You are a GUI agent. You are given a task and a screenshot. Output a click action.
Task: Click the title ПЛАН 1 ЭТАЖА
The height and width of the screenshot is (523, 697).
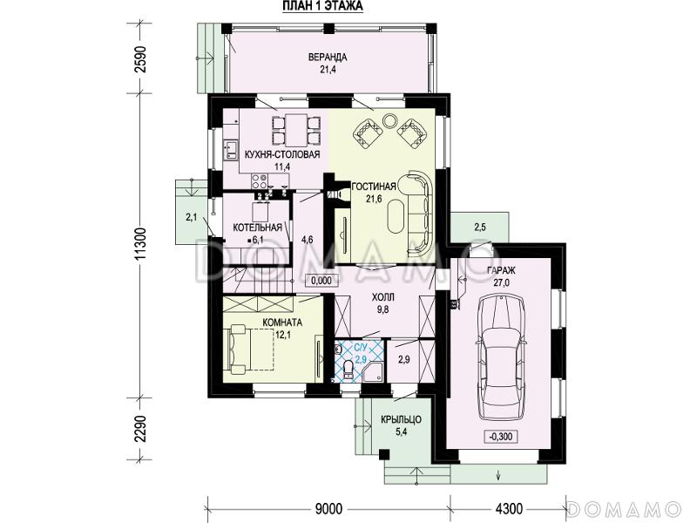pos(322,6)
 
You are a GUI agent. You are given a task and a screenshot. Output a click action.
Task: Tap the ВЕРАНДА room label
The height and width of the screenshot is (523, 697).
pos(328,58)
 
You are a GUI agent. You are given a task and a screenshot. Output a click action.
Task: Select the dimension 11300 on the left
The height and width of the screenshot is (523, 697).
pos(140,246)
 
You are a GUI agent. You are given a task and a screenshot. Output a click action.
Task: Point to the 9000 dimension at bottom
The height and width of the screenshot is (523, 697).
pos(328,508)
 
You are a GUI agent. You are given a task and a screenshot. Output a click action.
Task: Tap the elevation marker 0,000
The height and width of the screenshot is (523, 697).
pos(321,281)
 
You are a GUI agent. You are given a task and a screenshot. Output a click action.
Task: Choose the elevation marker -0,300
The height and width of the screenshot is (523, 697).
pos(500,437)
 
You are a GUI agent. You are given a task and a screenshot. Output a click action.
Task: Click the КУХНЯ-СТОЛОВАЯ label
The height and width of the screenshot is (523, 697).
pos(282,155)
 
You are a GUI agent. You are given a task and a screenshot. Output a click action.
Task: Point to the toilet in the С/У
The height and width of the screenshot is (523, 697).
pos(349,370)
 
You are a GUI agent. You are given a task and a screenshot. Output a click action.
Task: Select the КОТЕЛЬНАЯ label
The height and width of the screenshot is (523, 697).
pos(258,228)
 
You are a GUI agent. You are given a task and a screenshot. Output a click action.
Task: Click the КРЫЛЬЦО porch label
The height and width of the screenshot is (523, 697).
pos(402,419)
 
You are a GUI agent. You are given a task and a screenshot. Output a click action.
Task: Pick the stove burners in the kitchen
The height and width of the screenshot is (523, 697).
pos(260,181)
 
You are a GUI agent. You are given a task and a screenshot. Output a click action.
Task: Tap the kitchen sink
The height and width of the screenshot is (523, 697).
pos(231,149)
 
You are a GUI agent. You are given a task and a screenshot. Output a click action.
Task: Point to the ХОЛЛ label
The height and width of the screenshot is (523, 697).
pos(383,297)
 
